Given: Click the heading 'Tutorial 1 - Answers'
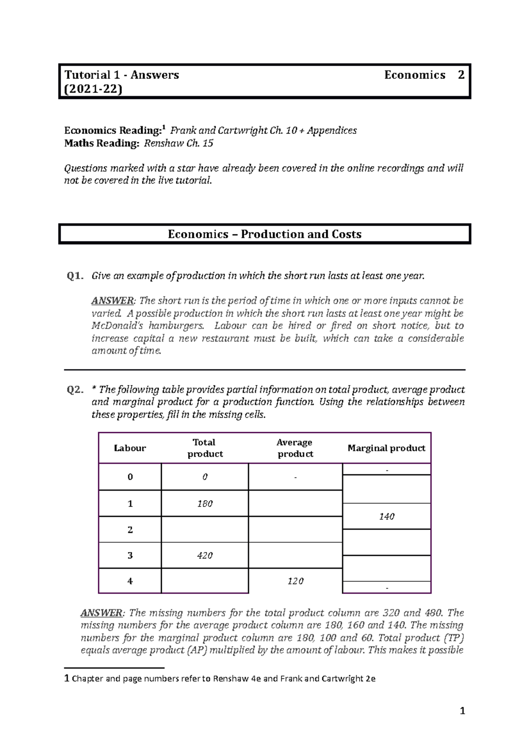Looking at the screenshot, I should [x=122, y=75].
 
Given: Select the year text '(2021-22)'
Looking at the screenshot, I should [x=93, y=89].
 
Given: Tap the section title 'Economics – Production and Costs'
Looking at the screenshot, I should [x=264, y=234].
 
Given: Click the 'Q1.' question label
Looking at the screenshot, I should [x=75, y=276].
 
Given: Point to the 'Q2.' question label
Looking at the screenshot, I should [x=75, y=390].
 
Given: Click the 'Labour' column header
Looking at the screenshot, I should [x=130, y=448].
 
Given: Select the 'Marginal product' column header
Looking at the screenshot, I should [x=386, y=448].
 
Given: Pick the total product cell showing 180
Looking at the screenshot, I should [x=205, y=504].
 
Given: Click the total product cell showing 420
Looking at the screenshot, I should [x=205, y=555].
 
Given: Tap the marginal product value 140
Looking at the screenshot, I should [x=386, y=516].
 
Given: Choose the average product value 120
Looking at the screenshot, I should [x=295, y=581].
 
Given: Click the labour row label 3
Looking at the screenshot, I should [x=130, y=555].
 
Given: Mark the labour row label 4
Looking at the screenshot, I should [x=130, y=581].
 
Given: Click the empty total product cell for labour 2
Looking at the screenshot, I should [x=205, y=530].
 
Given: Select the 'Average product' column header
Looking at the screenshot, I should [x=295, y=448].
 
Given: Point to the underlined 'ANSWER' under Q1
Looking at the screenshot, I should [x=112, y=301].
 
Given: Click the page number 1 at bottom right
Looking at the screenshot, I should [x=462, y=711].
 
